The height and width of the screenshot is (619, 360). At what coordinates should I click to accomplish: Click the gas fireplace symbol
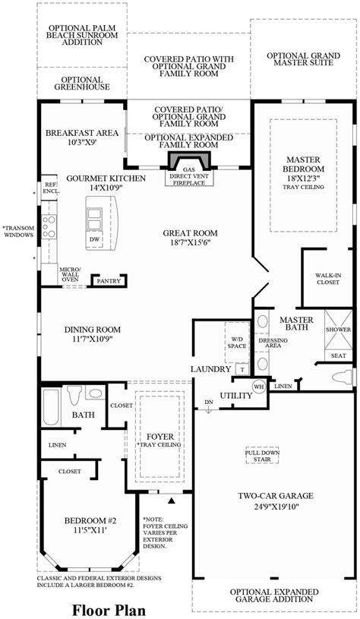(189, 160)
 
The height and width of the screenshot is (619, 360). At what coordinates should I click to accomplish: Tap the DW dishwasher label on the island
(94, 239)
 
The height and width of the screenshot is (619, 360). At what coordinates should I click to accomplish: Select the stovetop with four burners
(49, 226)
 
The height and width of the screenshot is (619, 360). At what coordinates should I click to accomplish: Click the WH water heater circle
(259, 387)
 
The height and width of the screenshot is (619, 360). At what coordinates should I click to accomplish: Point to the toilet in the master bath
(342, 377)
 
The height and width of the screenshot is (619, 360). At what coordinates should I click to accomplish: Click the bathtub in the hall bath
(51, 407)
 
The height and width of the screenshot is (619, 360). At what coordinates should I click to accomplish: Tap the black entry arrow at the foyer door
(172, 501)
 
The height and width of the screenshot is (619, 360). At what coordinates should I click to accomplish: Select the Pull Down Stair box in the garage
(262, 456)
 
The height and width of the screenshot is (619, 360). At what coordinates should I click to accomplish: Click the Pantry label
(109, 281)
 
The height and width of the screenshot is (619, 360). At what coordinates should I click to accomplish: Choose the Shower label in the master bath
(338, 330)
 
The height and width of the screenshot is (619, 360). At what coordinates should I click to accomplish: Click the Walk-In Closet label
(327, 279)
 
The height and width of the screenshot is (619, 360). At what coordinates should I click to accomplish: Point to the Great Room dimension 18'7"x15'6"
(190, 243)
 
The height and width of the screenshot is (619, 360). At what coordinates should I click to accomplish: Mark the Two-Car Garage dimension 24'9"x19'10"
(276, 506)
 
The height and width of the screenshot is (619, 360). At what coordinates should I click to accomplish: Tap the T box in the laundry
(242, 370)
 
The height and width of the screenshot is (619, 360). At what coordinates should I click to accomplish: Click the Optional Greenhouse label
(82, 84)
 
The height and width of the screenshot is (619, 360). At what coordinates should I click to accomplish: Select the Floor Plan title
(109, 610)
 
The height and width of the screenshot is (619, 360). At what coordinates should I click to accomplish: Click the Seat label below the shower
(338, 355)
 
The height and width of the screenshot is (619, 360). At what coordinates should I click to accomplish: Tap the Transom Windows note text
(18, 232)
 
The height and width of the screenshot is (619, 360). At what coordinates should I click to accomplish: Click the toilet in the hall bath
(74, 395)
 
